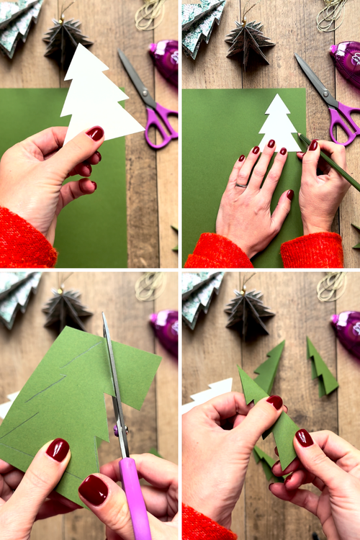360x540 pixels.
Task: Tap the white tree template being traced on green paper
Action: tap(279, 126)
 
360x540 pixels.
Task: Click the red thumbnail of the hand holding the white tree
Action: tap(95, 133)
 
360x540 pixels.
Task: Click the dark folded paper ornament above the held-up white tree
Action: tap(66, 40)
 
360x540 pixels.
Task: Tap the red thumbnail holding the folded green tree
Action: tap(274, 402)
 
